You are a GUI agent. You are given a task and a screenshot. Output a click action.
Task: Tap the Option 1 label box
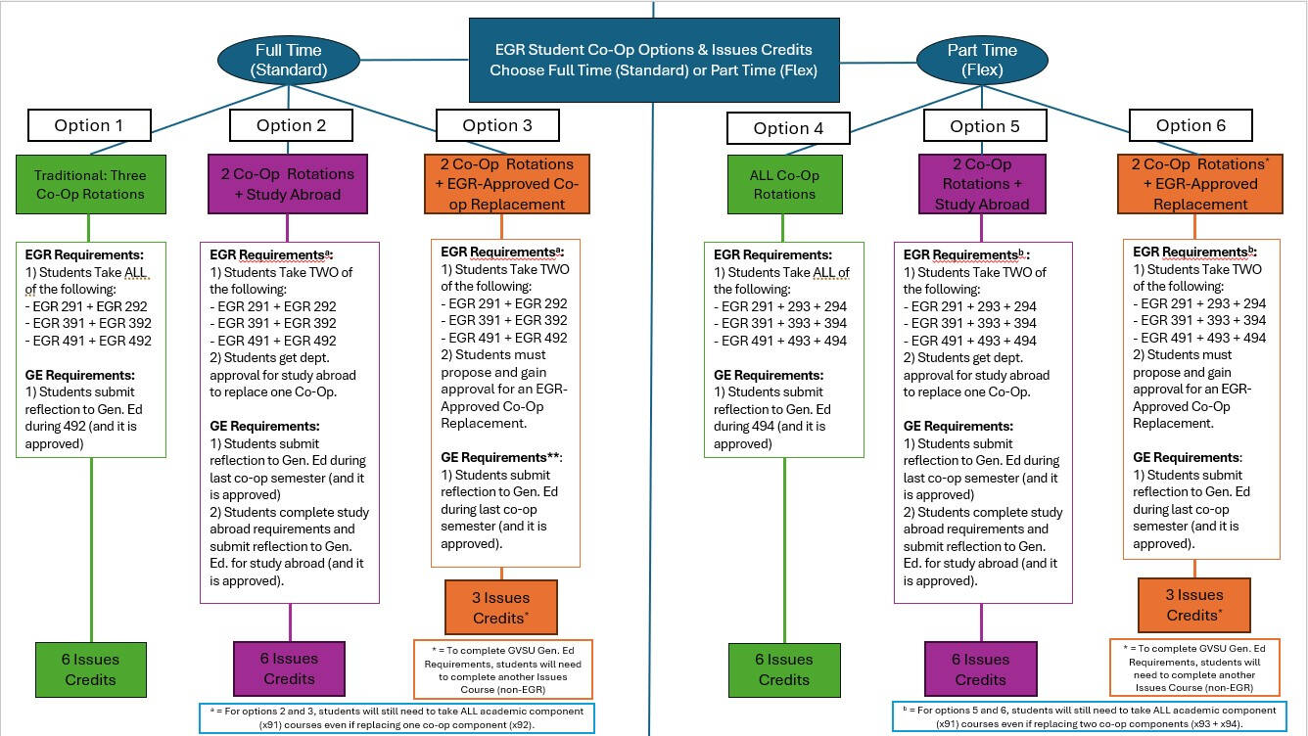89,125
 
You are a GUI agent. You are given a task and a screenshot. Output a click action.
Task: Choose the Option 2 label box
291,125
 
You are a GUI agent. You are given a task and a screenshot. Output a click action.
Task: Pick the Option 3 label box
497,125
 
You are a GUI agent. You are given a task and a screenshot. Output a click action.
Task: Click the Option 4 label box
788,128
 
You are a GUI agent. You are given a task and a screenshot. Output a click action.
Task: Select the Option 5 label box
984,126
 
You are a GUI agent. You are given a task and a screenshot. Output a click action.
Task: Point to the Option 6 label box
1191,125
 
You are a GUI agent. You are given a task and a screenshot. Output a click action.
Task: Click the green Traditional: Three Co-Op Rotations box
90,185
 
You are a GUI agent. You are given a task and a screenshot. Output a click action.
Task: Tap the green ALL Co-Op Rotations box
784,185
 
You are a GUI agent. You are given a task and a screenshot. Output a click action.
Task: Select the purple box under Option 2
287,184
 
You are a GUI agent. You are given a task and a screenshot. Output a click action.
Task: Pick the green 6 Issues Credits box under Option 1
91,669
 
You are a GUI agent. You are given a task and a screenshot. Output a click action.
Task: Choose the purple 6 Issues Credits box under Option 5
980,669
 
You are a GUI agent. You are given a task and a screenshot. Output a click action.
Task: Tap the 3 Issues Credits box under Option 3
500,608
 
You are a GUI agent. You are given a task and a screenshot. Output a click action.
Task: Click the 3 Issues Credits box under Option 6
1193,605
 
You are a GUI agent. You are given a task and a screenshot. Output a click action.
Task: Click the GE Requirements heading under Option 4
768,375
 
